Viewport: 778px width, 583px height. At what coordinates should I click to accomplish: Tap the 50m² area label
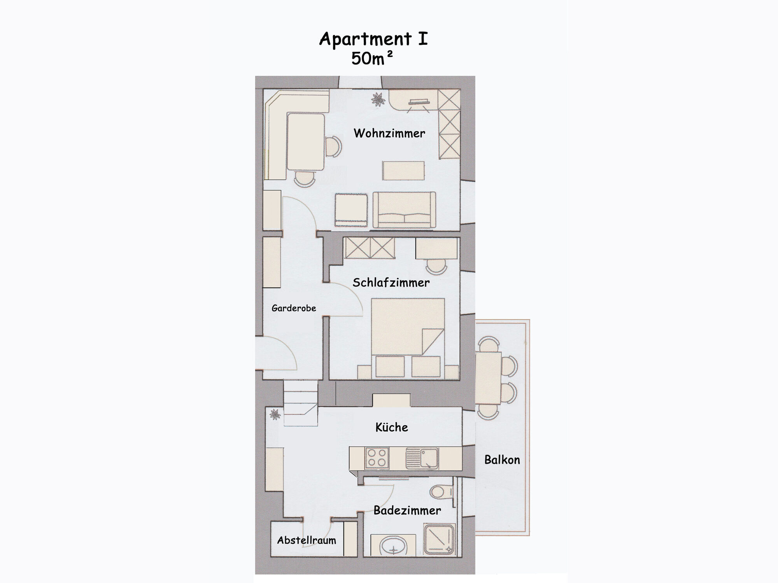(x=372, y=58)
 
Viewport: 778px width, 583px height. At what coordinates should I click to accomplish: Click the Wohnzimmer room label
(x=389, y=133)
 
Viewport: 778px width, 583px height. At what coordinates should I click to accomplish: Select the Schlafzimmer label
(x=391, y=283)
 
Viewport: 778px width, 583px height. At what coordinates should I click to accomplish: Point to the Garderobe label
(x=294, y=308)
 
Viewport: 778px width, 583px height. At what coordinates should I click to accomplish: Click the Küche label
(x=392, y=427)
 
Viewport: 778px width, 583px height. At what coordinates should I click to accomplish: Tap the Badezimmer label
(x=407, y=510)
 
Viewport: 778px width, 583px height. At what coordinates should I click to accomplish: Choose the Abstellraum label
(x=307, y=540)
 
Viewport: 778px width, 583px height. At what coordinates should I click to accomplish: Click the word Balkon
(x=502, y=460)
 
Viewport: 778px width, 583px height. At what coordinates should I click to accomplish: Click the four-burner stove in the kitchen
(x=377, y=457)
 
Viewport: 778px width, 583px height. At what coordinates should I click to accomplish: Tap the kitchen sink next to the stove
(x=422, y=457)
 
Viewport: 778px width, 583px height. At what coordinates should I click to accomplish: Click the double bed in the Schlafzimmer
(x=408, y=338)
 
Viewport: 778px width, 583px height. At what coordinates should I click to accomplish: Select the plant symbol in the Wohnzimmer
(x=378, y=99)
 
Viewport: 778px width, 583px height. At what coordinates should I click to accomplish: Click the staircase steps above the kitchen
(x=300, y=403)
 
